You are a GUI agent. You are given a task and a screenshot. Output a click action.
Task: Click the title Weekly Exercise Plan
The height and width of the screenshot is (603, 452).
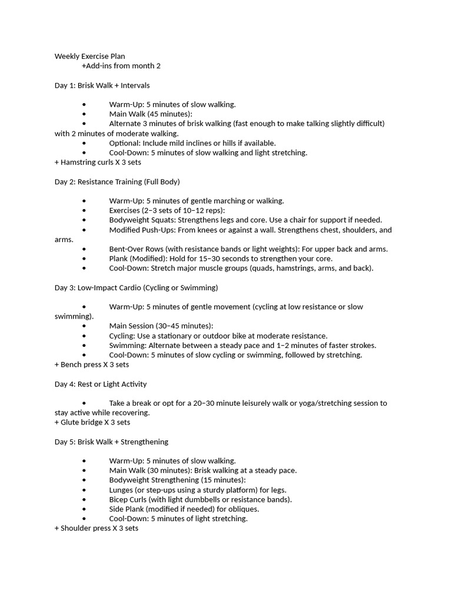(89, 57)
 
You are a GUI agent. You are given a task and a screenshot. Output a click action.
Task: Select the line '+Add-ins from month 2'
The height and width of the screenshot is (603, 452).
(121, 66)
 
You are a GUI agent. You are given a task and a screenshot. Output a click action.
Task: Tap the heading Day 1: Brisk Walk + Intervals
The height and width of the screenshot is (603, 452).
(102, 85)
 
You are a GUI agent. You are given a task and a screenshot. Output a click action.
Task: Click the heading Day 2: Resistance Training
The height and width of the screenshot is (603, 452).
(117, 181)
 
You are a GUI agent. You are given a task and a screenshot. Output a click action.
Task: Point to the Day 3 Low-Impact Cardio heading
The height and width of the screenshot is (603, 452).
(136, 287)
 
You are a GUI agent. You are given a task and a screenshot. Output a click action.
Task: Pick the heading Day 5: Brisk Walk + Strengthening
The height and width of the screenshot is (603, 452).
(111, 442)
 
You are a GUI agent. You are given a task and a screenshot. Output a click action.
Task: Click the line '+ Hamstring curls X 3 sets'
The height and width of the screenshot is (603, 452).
(97, 162)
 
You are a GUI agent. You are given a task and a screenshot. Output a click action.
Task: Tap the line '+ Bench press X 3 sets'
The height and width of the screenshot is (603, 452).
(92, 365)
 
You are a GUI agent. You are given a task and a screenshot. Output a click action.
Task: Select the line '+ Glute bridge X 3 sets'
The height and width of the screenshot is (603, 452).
(92, 422)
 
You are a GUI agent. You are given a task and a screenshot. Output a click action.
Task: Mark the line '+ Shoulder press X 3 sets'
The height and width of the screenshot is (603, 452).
(96, 528)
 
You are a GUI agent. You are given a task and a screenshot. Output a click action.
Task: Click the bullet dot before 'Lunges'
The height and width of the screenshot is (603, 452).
(84, 490)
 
